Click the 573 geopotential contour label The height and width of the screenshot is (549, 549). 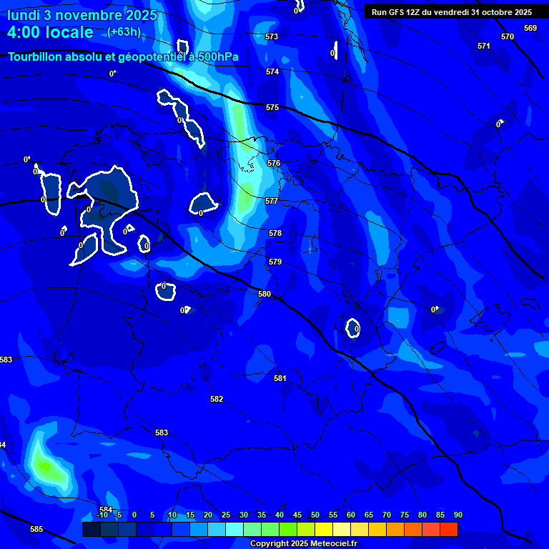[272, 36]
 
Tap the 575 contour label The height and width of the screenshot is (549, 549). [272, 107]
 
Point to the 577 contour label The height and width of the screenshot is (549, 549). [272, 202]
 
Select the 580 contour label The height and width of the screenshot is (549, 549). [264, 294]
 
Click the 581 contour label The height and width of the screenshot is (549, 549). [280, 378]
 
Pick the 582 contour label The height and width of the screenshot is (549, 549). [217, 399]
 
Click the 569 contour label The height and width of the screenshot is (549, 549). [530, 28]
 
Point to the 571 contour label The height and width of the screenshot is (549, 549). [484, 46]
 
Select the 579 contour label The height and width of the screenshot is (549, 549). [275, 262]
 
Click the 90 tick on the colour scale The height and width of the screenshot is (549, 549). [458, 515]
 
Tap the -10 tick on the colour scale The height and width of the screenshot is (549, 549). [102, 515]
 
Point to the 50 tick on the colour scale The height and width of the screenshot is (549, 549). [315, 515]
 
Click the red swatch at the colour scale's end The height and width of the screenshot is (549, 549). [449, 529]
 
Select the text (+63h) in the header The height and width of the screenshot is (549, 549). [124, 31]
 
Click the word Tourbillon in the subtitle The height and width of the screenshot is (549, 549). [39, 57]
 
